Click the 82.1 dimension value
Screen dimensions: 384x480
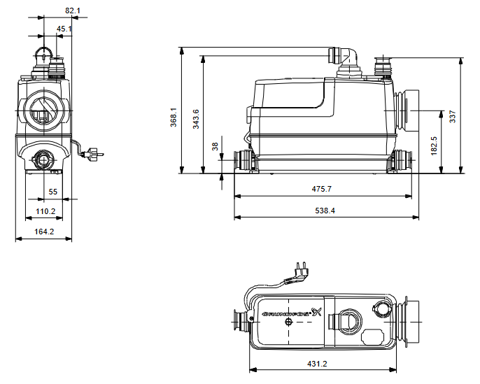pyautogui.click(x=73, y=10)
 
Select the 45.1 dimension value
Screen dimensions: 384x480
pyautogui.click(x=64, y=29)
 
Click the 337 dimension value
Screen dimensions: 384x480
pyautogui.click(x=453, y=116)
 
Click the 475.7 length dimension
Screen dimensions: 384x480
pyautogui.click(x=321, y=189)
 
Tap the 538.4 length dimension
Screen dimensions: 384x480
pyautogui.click(x=325, y=211)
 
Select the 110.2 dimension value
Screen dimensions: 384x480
pyautogui.click(x=45, y=211)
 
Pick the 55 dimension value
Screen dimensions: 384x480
pyautogui.click(x=53, y=191)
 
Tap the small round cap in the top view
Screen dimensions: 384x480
pyautogui.click(x=382, y=308)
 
